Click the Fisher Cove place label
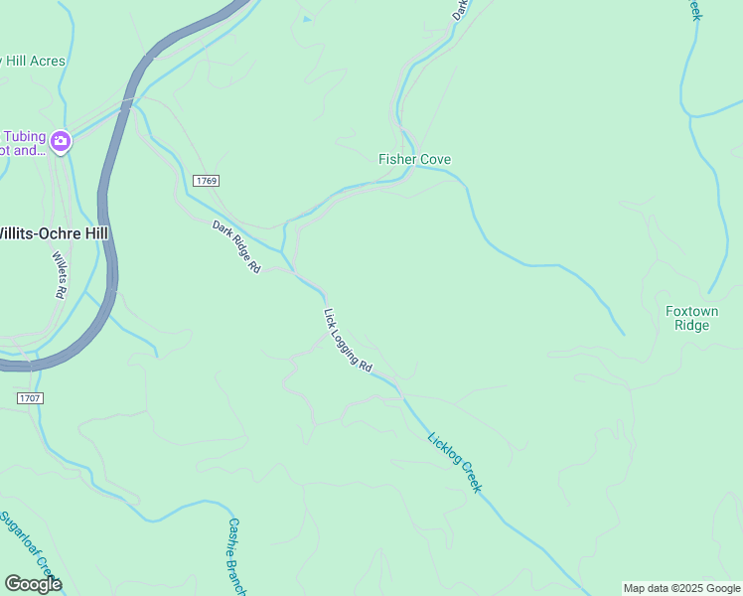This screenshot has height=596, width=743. [414, 159]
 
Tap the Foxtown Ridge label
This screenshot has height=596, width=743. [691, 318]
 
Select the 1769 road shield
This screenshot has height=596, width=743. [206, 181]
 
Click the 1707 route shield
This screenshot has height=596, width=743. [30, 397]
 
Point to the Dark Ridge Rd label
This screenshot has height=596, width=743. [235, 247]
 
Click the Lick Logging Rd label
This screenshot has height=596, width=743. [347, 340]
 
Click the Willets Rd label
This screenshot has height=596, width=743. [58, 275]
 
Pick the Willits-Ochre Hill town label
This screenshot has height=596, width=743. [52, 232]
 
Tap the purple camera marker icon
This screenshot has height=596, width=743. [61, 142]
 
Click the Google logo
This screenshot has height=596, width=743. [33, 584]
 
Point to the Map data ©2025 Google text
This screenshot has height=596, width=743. [681, 588]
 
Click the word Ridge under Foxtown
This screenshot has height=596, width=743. [691, 326]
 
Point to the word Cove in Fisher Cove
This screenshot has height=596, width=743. [434, 159]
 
